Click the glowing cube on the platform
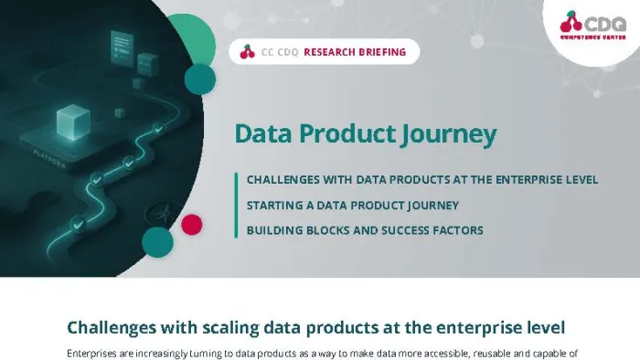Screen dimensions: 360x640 [x=69, y=122]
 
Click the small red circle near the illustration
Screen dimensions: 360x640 [x=191, y=223]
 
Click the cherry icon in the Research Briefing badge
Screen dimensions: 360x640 [x=246, y=52]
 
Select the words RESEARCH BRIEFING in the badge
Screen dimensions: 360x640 [x=354, y=52]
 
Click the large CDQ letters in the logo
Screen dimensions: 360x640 [x=604, y=20]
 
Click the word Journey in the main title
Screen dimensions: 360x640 [x=449, y=134]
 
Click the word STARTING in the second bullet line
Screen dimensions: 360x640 [x=274, y=205]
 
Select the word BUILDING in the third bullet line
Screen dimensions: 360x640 [x=273, y=230]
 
